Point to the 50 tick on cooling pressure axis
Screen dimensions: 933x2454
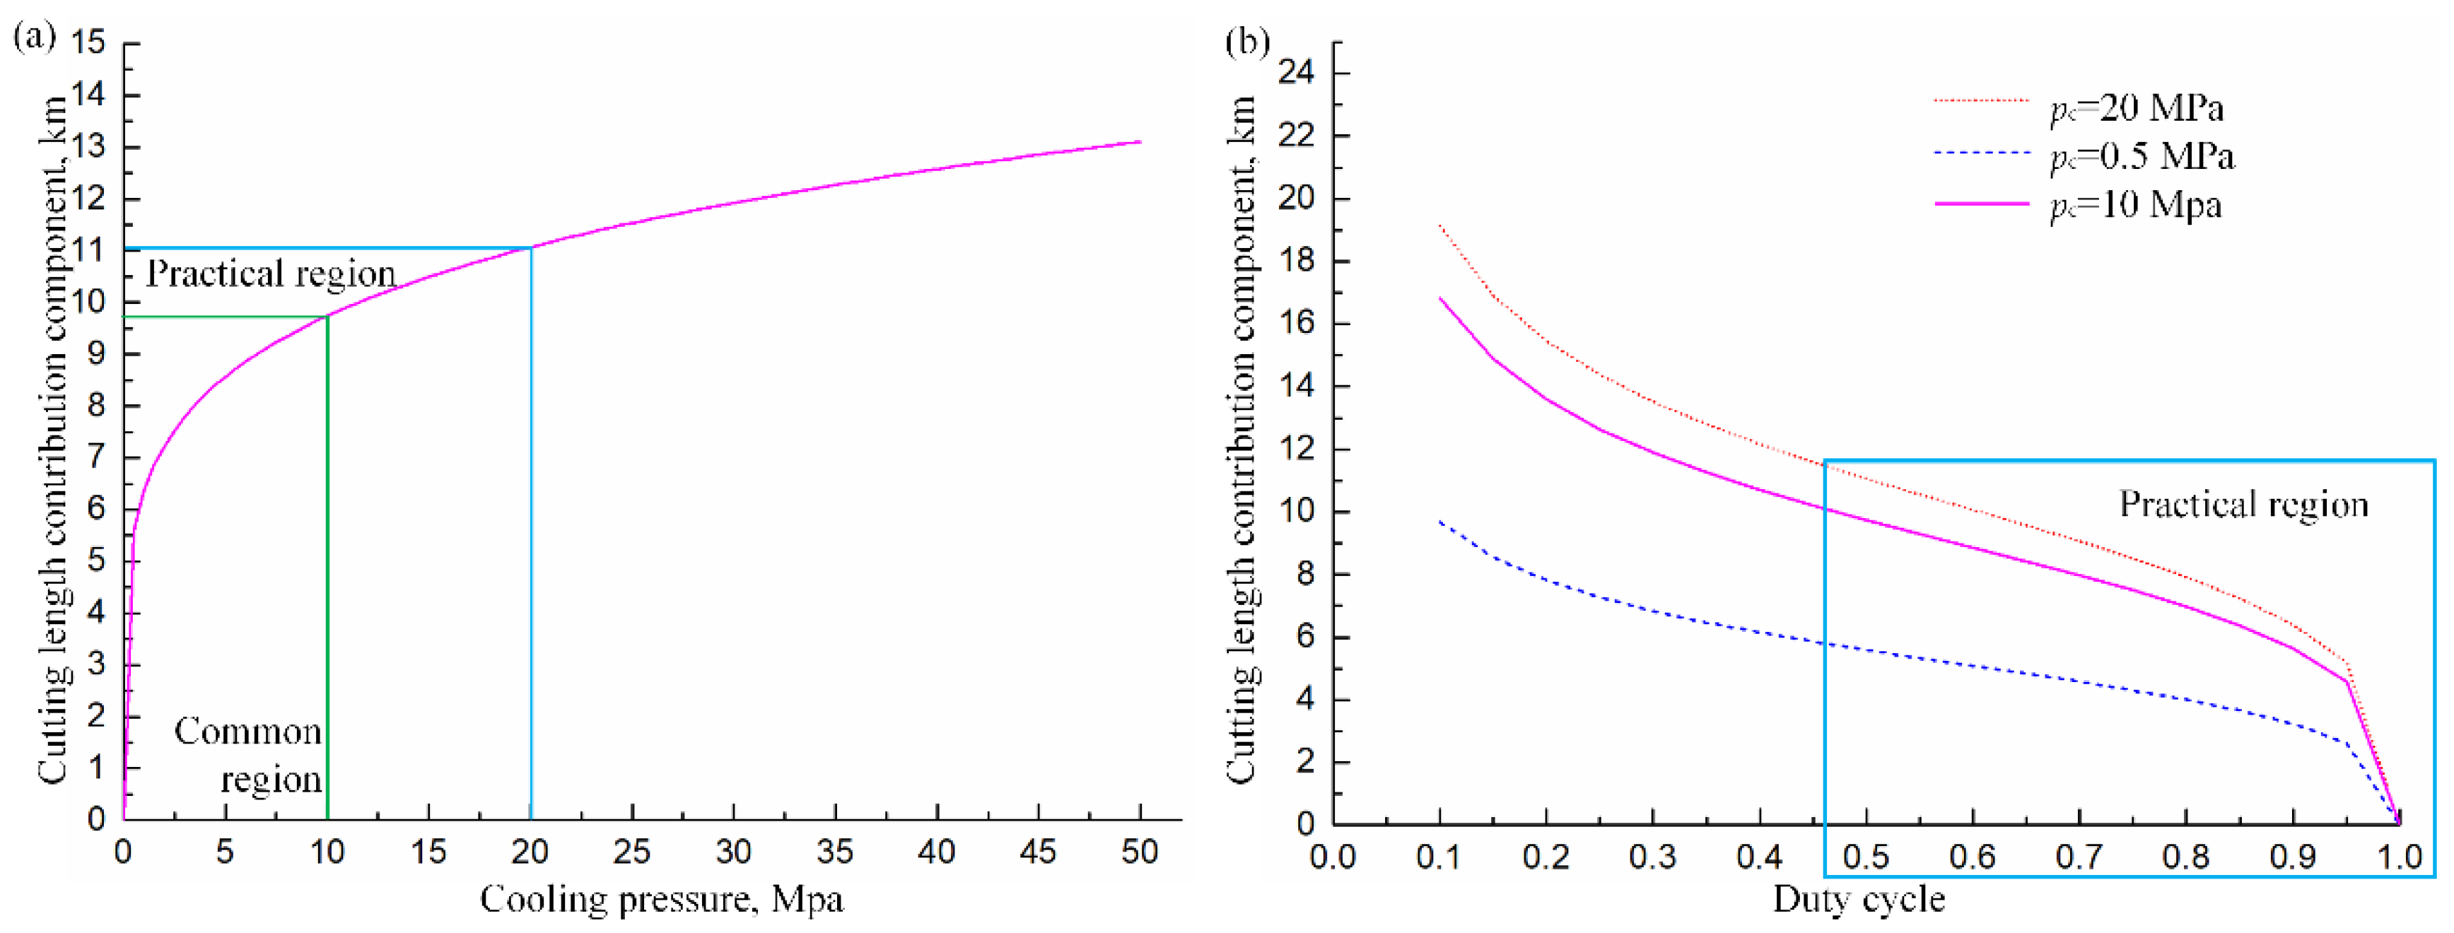1140,851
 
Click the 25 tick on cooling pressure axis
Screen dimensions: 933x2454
631,851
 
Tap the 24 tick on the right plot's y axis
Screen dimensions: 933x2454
1302,74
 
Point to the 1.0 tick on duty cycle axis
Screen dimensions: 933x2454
2398,857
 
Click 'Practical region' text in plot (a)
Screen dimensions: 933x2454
271,274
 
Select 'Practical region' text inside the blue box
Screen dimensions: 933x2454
2243,504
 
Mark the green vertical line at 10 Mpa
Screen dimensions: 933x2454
328,571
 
